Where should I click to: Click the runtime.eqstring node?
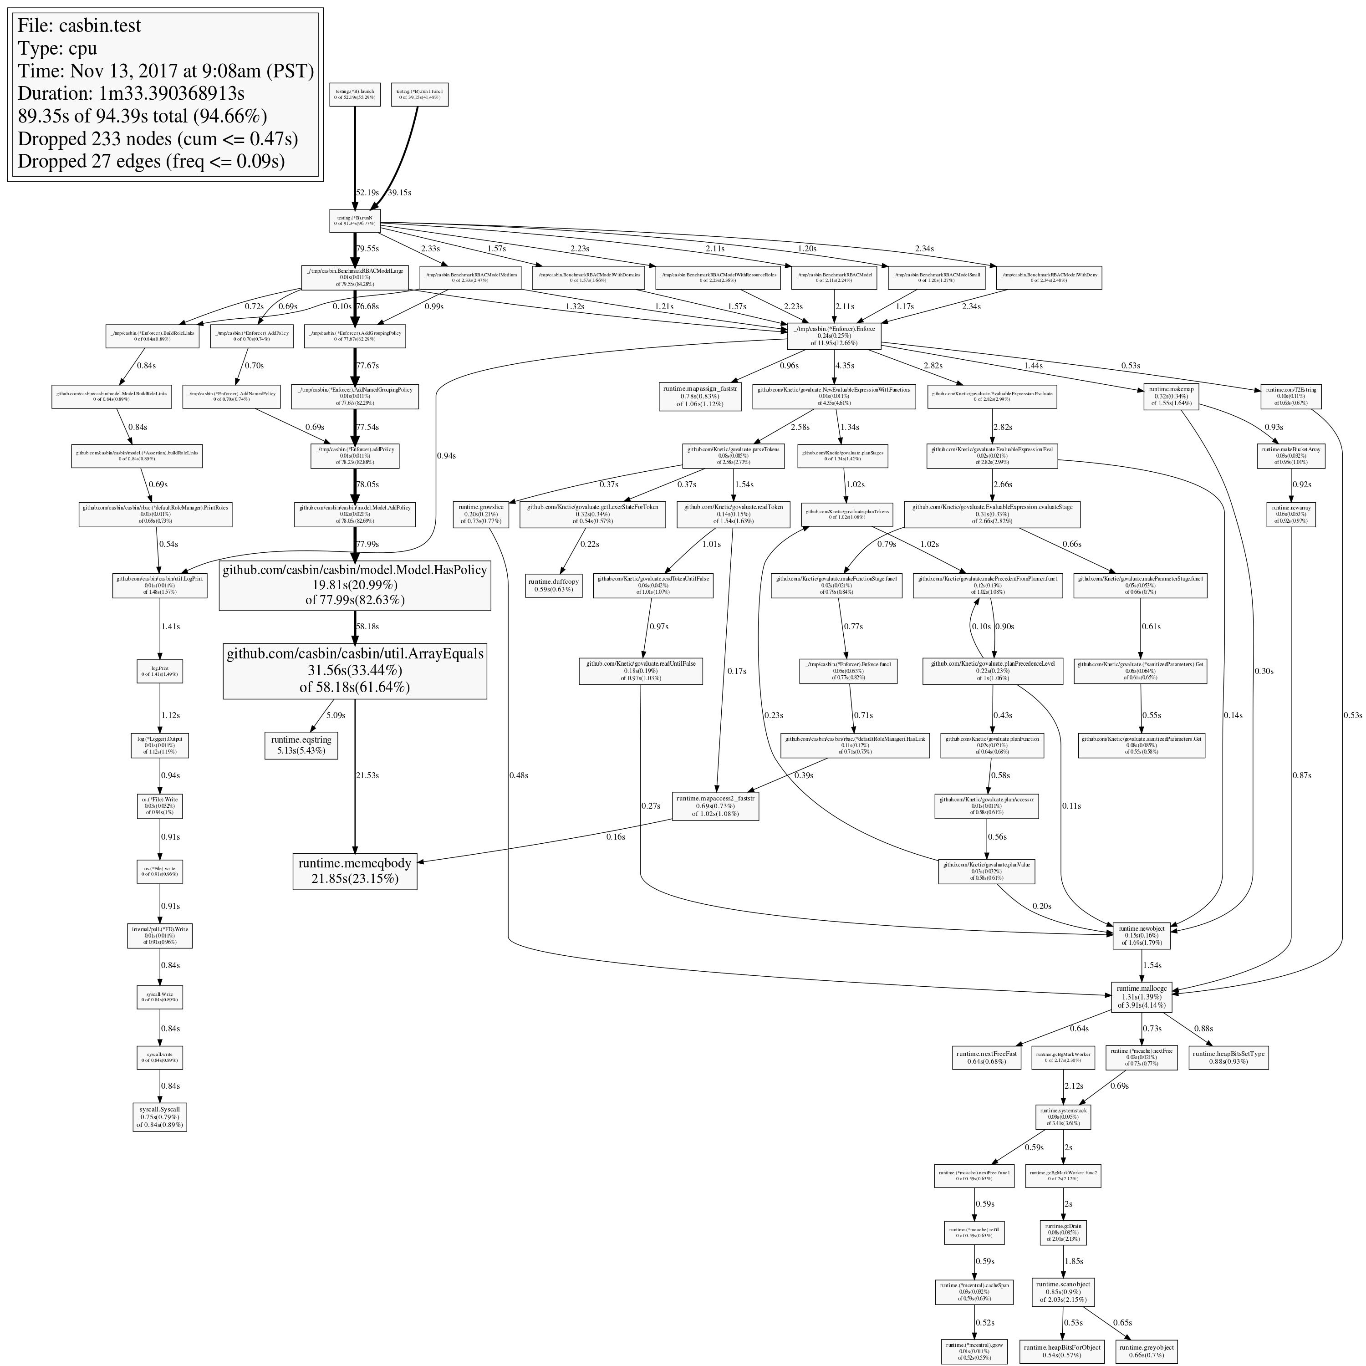pos(301,744)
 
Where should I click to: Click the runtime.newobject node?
pos(1142,935)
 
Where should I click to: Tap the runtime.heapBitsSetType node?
pos(1228,1058)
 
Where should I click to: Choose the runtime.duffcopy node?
pos(554,586)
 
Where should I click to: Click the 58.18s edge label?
pos(367,627)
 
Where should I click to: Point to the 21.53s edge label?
pos(367,775)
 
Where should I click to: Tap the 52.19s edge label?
pos(367,192)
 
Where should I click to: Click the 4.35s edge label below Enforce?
pos(846,366)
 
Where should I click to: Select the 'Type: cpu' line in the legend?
pos(58,48)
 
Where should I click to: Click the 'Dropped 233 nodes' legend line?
pos(158,138)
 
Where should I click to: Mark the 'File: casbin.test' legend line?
pos(79,25)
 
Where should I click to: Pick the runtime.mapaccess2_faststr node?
pos(715,806)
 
